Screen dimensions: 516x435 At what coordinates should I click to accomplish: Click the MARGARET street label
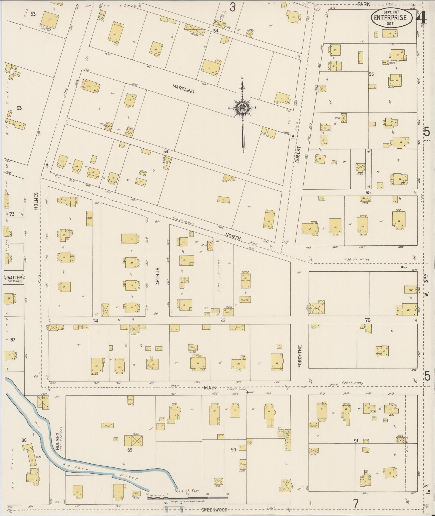(184, 89)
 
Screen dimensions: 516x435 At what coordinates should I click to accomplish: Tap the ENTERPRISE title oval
(392, 18)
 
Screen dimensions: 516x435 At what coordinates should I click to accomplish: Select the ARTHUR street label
(158, 276)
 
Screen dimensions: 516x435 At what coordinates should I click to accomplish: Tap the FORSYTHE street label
(300, 356)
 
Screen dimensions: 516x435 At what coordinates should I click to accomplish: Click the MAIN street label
(211, 388)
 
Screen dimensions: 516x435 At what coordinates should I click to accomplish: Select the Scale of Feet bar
(187, 498)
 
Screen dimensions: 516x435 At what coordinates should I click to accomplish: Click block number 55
(371, 74)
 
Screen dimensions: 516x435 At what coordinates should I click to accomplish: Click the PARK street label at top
(364, 4)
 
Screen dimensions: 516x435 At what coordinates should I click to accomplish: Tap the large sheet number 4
(422, 18)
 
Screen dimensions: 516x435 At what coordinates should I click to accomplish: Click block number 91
(356, 441)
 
